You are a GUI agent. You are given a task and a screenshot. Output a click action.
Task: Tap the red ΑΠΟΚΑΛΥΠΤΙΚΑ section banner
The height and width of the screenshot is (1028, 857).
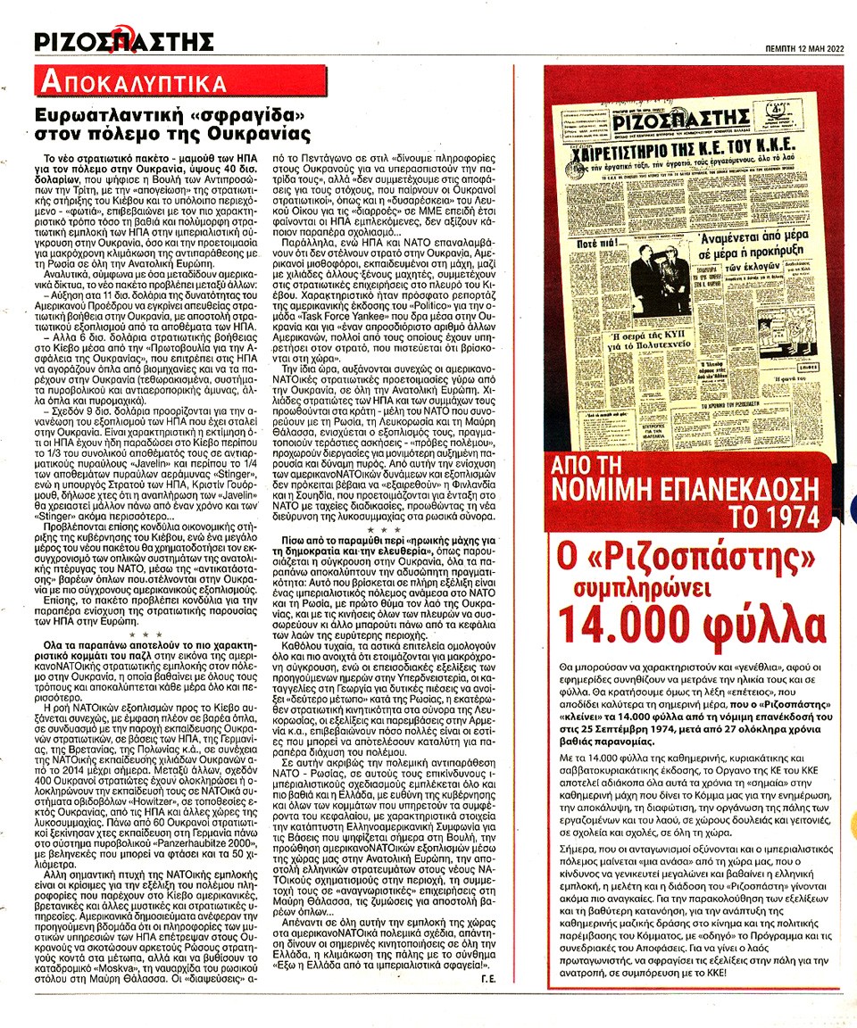(x=131, y=85)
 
